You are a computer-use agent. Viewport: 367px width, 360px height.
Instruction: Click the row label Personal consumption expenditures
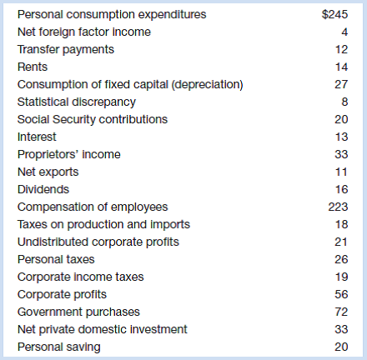[112, 15]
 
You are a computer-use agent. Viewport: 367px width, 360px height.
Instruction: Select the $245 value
[334, 14]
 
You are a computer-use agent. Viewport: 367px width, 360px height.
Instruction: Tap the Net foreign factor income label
[84, 32]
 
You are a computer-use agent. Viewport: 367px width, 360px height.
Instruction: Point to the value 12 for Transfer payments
[342, 50]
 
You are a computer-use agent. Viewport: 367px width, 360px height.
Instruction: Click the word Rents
[33, 67]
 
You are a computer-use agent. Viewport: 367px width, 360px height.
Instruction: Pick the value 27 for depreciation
[341, 85]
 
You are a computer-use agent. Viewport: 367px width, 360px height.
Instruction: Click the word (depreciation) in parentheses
[208, 85]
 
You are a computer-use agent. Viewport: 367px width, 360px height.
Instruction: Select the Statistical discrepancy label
[77, 102]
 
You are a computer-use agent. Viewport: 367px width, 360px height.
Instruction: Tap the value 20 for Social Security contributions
[341, 120]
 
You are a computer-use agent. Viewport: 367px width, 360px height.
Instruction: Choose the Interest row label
[37, 137]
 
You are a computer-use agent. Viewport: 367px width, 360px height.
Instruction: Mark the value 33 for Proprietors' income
[341, 155]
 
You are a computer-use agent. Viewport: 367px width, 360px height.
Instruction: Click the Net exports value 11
[341, 172]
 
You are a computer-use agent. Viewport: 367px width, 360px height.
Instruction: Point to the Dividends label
[43, 190]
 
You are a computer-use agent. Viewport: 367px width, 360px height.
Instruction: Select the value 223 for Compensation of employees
[338, 207]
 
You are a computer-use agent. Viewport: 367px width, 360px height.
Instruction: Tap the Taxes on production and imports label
[103, 225]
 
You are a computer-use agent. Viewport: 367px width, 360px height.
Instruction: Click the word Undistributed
[53, 242]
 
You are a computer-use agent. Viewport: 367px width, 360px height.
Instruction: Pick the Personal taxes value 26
[341, 260]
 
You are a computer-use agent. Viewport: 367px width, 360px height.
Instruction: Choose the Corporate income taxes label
[81, 277]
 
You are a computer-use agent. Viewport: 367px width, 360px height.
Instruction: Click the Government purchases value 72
[341, 312]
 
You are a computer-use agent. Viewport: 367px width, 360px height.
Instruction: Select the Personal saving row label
[59, 347]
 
